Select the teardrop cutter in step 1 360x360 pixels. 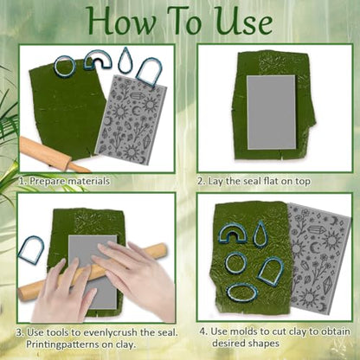[125, 62]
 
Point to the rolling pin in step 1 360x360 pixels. [52, 153]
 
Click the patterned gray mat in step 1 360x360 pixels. [132, 119]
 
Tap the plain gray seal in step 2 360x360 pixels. [272, 112]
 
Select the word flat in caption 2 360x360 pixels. [271, 181]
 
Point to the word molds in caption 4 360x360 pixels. [241, 331]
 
